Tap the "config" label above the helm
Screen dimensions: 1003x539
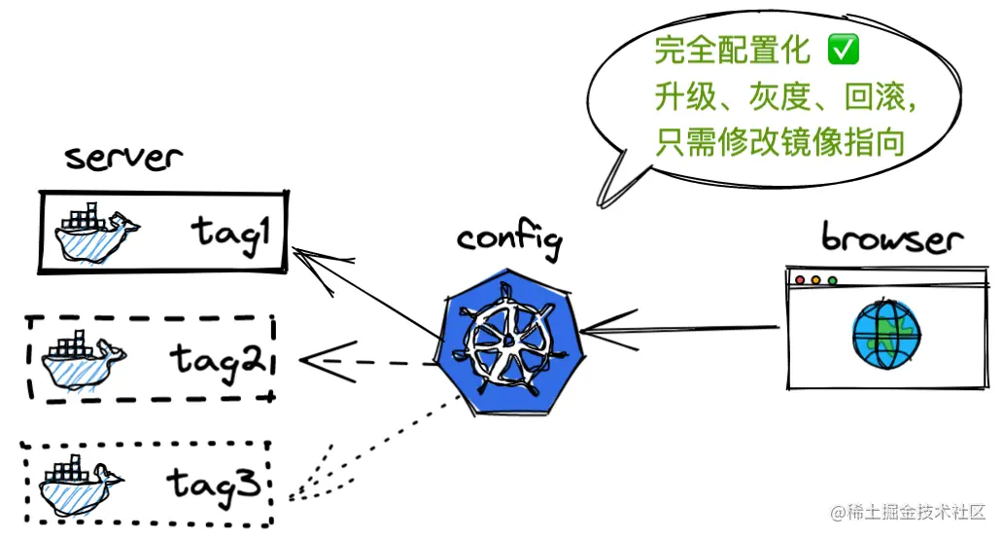pos(508,240)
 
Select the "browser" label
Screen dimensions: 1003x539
pos(892,238)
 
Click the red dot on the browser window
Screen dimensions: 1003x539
pos(800,281)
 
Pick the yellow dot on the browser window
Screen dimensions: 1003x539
pos(816,281)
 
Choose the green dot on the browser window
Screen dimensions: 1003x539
pos(833,281)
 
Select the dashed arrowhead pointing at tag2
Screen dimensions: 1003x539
pos(316,363)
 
